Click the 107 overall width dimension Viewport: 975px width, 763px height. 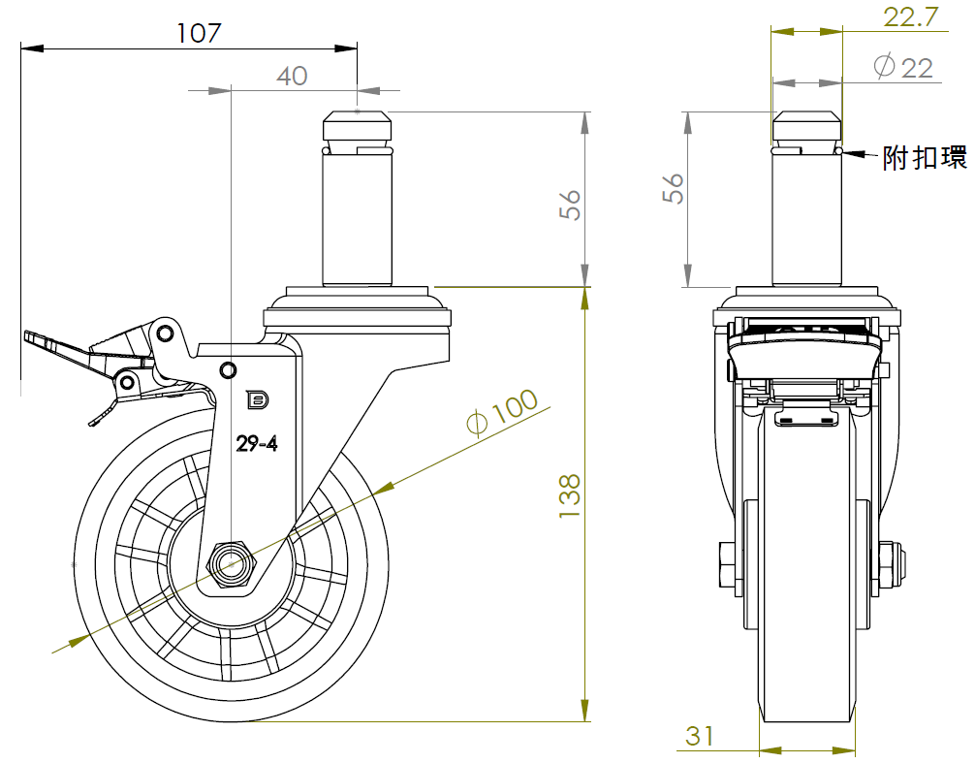click(x=200, y=32)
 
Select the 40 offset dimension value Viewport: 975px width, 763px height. click(x=292, y=76)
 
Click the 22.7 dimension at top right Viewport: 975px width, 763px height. click(x=909, y=16)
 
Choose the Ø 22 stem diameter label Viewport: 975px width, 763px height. click(x=903, y=67)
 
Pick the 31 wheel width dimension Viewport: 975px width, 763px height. click(x=700, y=736)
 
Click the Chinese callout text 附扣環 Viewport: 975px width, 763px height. click(x=924, y=158)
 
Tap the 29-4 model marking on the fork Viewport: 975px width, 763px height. click(x=258, y=444)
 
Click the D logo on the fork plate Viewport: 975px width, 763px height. click(x=257, y=398)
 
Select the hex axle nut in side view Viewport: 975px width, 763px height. click(x=232, y=563)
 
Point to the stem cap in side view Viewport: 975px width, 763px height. click(x=358, y=126)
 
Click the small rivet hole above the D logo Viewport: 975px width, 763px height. click(x=229, y=369)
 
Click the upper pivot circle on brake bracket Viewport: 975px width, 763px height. click(x=165, y=334)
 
